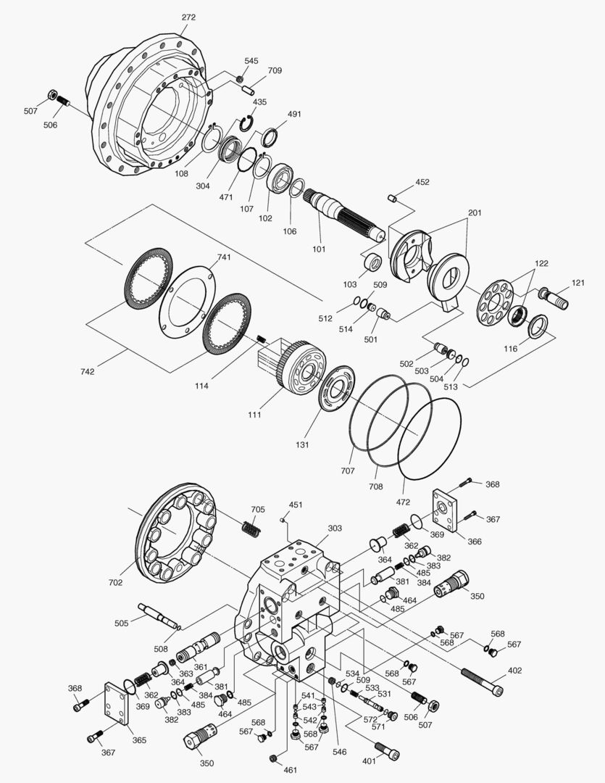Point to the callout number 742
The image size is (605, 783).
(x=87, y=371)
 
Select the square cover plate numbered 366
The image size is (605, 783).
(x=443, y=510)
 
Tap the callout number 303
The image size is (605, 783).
(x=334, y=529)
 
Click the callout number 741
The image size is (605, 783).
(x=223, y=258)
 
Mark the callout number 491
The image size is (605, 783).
(x=294, y=114)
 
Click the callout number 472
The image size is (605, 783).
(x=403, y=502)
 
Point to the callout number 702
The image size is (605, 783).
(x=115, y=582)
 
